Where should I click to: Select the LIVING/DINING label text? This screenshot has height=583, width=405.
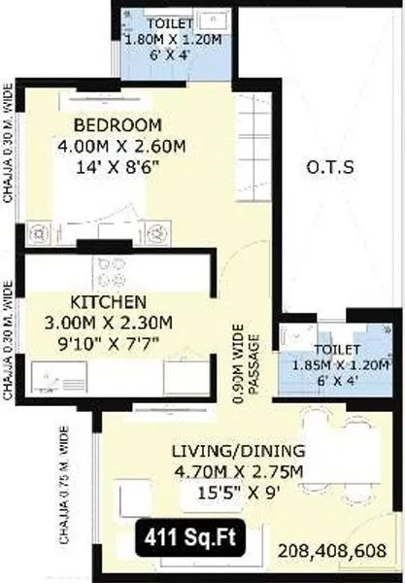pyautogui.click(x=238, y=451)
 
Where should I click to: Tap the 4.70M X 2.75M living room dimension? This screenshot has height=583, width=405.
pyautogui.click(x=238, y=472)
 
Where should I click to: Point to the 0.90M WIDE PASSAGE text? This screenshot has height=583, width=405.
pyautogui.click(x=245, y=359)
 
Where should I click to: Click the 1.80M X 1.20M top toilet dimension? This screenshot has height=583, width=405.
pyautogui.click(x=172, y=39)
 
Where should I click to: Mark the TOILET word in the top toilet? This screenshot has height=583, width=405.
pyautogui.click(x=170, y=22)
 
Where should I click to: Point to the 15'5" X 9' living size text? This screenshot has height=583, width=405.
pyautogui.click(x=238, y=494)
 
